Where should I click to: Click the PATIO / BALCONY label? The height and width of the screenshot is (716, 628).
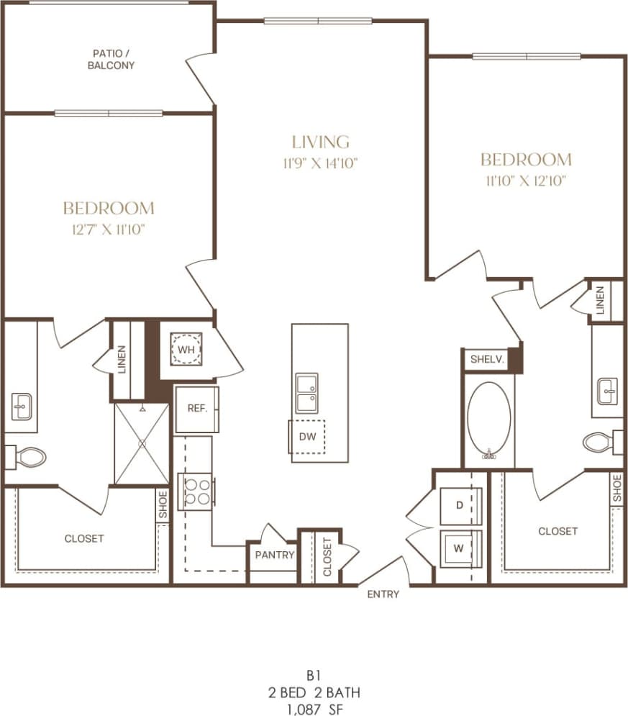113,59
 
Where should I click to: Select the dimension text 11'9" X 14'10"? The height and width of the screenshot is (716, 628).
320,163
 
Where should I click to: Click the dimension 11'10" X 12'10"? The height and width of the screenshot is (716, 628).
525,181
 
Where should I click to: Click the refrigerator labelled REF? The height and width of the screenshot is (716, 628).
197,409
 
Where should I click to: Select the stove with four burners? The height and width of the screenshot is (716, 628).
196,491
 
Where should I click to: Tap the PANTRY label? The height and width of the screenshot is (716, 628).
274,555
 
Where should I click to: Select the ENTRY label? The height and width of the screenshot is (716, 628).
383,594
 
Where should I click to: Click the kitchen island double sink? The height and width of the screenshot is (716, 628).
307,393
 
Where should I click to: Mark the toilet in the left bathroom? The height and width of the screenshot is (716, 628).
27,456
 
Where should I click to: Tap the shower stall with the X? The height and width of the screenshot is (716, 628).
141,443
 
